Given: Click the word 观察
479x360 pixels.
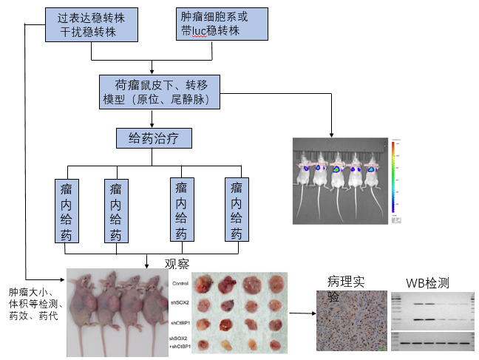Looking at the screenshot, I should click(x=177, y=263).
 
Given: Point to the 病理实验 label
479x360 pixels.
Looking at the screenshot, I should click(x=347, y=288).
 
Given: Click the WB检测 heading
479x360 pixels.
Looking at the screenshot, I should click(x=427, y=282).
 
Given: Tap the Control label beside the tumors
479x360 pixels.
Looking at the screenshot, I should click(x=181, y=284).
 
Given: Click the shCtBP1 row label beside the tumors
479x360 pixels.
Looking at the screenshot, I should click(x=181, y=323).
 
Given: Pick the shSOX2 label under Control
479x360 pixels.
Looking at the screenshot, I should click(x=181, y=302).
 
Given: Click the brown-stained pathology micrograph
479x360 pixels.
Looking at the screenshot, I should click(x=350, y=322).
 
